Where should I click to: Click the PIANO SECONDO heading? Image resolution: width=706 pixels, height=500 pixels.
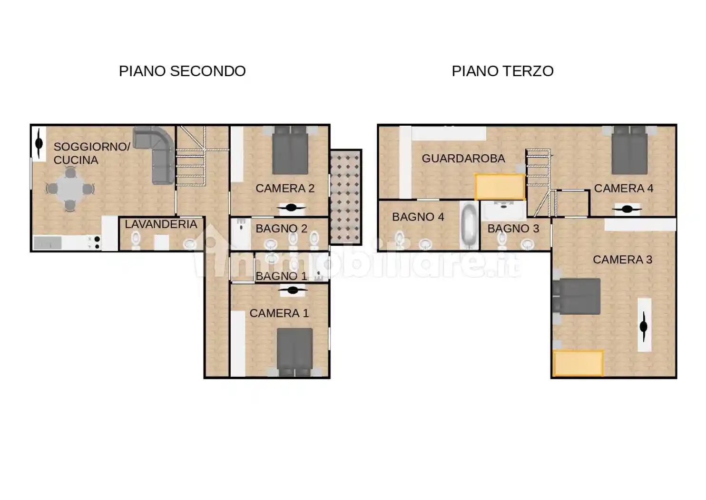[x=182, y=71]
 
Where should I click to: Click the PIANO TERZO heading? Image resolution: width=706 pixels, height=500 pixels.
[x=502, y=71]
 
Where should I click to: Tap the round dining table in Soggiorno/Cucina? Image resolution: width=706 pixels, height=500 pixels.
[x=70, y=189]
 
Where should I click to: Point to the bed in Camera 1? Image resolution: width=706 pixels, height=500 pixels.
[x=294, y=351]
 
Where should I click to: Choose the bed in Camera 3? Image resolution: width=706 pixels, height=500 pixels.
[x=577, y=296]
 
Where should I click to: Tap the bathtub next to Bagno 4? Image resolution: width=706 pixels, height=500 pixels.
[x=470, y=225]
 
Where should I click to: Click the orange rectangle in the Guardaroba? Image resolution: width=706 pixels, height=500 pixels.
[x=500, y=187]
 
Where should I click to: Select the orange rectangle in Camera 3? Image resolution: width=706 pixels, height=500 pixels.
[x=578, y=363]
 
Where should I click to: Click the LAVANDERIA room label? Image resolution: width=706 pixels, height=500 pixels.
[x=161, y=224]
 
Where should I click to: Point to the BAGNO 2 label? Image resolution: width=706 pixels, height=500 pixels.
[x=281, y=229]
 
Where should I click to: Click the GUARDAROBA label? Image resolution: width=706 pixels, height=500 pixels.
[x=463, y=159]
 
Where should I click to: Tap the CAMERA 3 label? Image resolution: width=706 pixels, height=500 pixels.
[x=622, y=260]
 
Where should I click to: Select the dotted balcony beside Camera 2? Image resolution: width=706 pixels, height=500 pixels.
[x=345, y=197]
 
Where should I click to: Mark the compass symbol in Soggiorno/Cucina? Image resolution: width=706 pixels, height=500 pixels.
[x=39, y=143]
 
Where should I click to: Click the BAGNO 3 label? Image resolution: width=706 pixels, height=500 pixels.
[x=513, y=229]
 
